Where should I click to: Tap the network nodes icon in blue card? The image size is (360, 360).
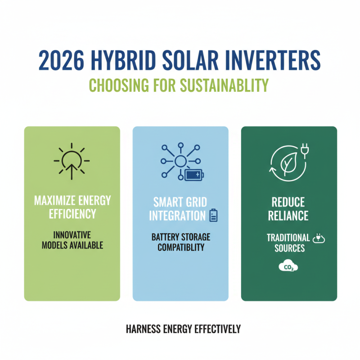[179, 161]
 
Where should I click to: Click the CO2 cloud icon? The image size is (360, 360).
[288, 267]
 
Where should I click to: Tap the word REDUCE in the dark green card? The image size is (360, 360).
[289, 201]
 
